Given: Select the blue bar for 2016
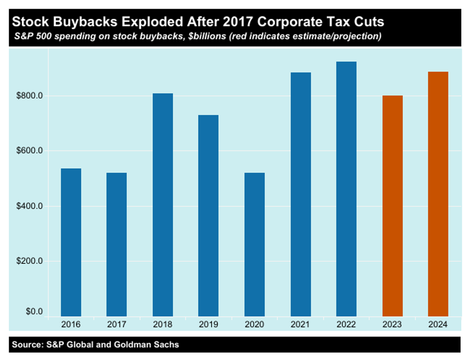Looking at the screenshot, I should [71, 242].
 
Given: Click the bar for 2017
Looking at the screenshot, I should [116, 244].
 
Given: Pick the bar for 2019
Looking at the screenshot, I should [208, 215].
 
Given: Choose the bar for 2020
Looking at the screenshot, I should [254, 244].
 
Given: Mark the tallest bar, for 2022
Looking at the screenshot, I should [346, 188].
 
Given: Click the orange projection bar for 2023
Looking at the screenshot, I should [392, 206].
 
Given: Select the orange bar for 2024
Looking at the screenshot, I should [438, 194].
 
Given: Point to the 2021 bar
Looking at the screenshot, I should [301, 194].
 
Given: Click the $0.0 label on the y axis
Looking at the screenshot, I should [34, 312].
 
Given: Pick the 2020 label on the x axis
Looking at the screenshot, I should [254, 324].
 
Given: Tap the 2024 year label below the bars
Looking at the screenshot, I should [438, 324].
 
